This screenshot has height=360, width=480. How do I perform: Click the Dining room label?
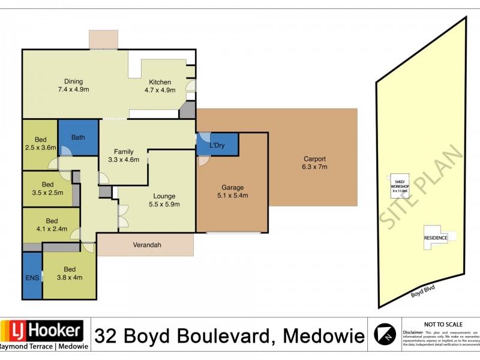point(74,82)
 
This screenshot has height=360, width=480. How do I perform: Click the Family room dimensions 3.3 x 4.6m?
point(124,160)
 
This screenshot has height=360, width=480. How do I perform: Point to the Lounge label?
point(164,196)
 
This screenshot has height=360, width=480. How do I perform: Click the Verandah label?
point(146,245)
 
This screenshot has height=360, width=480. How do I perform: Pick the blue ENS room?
point(32,277)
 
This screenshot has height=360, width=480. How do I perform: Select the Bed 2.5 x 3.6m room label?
point(40,143)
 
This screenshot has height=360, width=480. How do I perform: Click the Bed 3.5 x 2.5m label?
point(48,188)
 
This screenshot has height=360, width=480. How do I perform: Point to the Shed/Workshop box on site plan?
point(400,182)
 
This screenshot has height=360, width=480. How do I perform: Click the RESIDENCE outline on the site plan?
point(436,237)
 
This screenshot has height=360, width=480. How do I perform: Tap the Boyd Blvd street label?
point(422,292)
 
